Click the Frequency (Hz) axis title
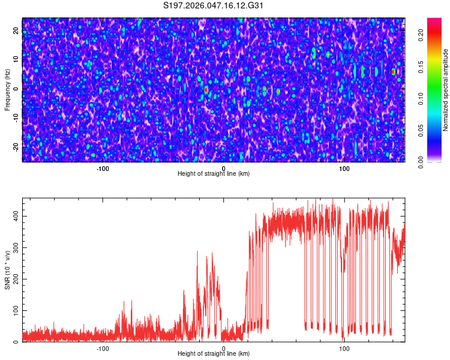coord(7,90)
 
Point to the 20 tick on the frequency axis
coord(16,31)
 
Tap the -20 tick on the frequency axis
coord(16,147)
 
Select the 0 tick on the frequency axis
coord(16,89)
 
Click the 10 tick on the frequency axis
coord(16,61)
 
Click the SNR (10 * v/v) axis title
coord(7,270)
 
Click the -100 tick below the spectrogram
coord(103,169)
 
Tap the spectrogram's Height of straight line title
coord(214,174)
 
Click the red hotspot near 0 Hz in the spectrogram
coord(206,89)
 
